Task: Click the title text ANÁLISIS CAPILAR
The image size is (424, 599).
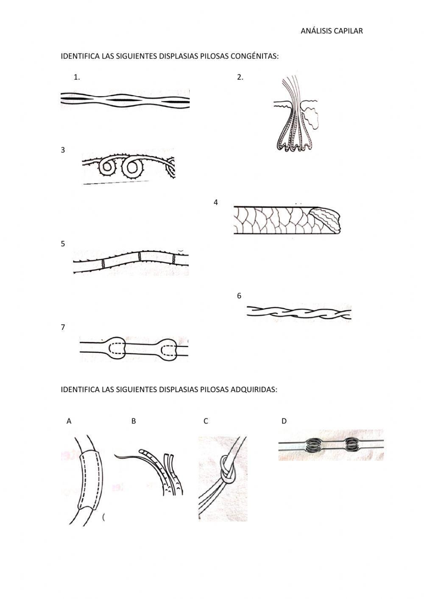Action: [332, 31]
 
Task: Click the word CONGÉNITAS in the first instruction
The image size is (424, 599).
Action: [254, 56]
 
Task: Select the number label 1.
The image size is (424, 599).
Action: [76, 77]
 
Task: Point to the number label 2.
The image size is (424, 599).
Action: [240, 77]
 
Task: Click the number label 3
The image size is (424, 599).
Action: [63, 150]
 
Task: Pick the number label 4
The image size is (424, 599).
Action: [215, 203]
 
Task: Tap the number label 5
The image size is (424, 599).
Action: [63, 244]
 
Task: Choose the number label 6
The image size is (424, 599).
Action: [239, 296]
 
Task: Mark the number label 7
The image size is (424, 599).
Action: [63, 327]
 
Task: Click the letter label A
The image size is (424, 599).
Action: [69, 421]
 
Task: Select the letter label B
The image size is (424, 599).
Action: [134, 421]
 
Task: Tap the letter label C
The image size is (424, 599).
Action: [206, 421]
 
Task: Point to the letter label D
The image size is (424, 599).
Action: [284, 421]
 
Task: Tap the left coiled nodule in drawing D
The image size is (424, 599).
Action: [314, 445]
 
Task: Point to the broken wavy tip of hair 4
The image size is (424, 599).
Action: [327, 220]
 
